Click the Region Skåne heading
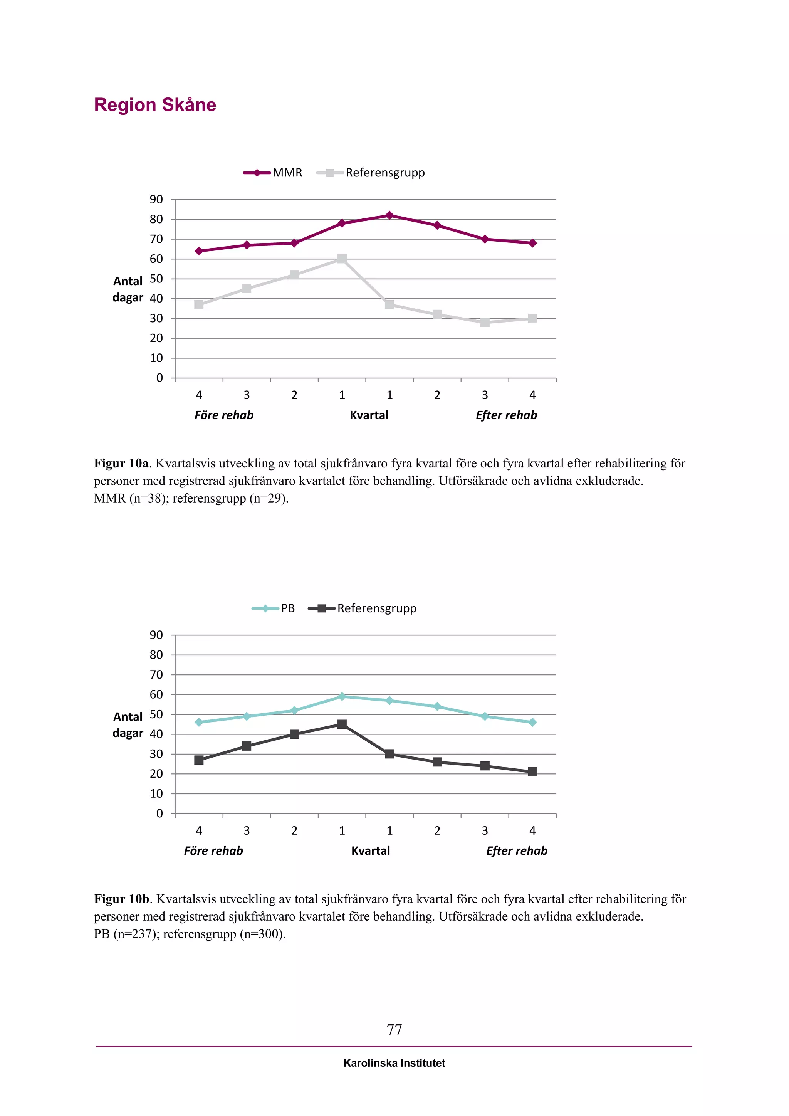point(155,105)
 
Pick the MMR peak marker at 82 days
point(389,215)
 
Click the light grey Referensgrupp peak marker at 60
point(342,259)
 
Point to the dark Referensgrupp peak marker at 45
point(342,724)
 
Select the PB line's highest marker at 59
point(342,696)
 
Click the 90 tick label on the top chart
point(156,199)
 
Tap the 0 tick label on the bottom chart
point(159,813)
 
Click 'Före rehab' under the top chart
point(223,415)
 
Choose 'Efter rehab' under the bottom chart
point(517,850)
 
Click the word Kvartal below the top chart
point(369,415)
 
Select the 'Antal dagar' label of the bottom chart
point(128,725)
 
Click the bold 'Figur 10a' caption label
point(121,463)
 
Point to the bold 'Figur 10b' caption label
point(121,899)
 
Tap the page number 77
point(394,1029)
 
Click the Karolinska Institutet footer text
point(394,1063)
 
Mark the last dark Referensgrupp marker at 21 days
point(532,772)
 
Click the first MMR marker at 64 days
point(199,251)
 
